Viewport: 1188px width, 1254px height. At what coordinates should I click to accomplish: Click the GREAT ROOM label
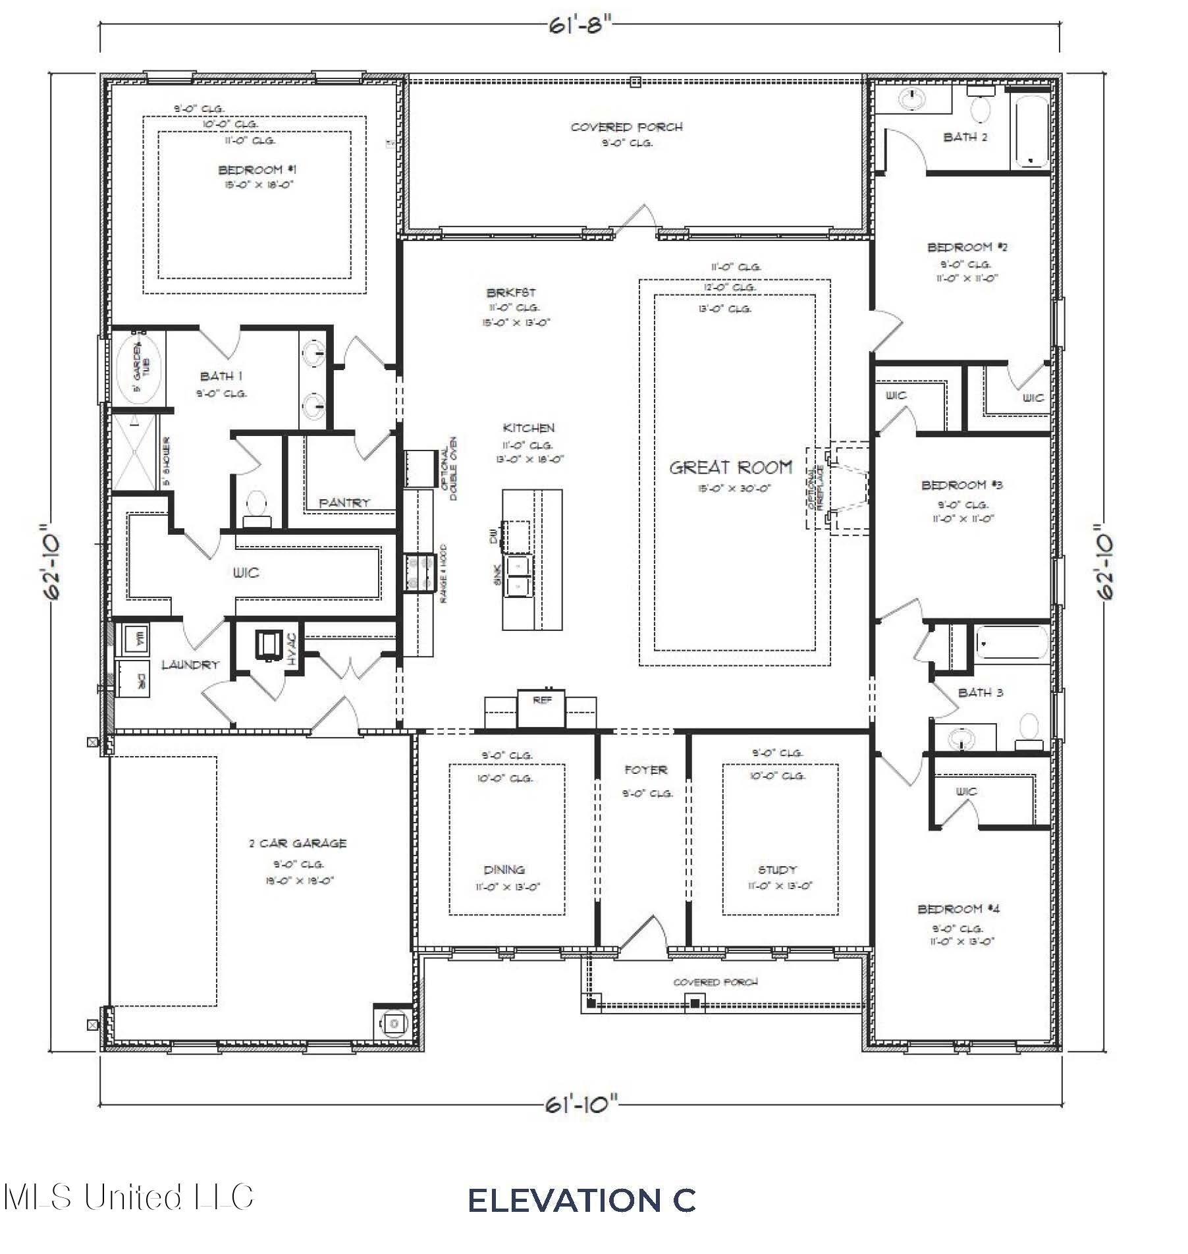point(730,468)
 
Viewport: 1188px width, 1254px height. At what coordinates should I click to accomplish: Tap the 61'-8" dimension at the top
point(580,26)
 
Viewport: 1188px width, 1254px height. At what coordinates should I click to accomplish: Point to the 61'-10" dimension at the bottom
point(582,1104)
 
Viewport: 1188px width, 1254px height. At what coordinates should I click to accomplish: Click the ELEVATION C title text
point(581,1200)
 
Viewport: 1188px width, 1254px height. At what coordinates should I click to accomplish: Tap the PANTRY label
point(344,503)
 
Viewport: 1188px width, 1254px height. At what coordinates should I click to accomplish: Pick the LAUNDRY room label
point(190,665)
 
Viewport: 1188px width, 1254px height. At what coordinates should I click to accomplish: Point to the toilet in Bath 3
point(1028,732)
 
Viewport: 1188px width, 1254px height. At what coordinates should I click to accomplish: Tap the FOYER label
point(645,769)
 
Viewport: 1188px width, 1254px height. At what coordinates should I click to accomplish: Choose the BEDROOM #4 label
point(958,909)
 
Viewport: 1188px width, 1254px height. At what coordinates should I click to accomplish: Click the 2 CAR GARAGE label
point(298,843)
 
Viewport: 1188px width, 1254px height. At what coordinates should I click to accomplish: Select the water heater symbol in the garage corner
point(393,1023)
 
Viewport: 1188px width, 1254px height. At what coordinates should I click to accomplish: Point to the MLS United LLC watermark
point(128,1196)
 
